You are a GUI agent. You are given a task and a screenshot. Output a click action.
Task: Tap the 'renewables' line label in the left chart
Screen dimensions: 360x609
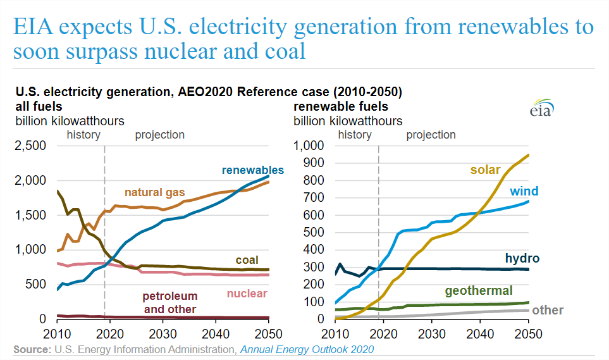pos(252,170)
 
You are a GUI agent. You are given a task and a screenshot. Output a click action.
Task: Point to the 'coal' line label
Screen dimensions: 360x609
pos(247,261)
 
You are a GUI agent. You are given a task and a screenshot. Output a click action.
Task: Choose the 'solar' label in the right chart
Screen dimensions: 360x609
pos(484,170)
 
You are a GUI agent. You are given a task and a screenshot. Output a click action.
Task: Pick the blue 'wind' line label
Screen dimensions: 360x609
pos(524,191)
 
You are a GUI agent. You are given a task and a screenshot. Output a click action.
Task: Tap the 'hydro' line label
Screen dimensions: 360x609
pos(522,258)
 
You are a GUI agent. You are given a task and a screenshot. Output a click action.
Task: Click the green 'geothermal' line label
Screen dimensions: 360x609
pos(478,291)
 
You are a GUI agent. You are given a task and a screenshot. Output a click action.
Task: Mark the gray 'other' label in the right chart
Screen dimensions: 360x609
pos(548,310)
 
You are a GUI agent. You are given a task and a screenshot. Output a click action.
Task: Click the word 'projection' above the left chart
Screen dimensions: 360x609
pos(160,135)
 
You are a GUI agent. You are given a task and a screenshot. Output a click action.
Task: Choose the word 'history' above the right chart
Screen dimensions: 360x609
pos(355,135)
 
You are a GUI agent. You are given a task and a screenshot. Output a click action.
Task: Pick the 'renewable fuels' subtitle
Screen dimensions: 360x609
pos(341,106)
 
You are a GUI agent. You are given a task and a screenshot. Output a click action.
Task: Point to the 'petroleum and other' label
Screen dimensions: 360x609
pos(169,303)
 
